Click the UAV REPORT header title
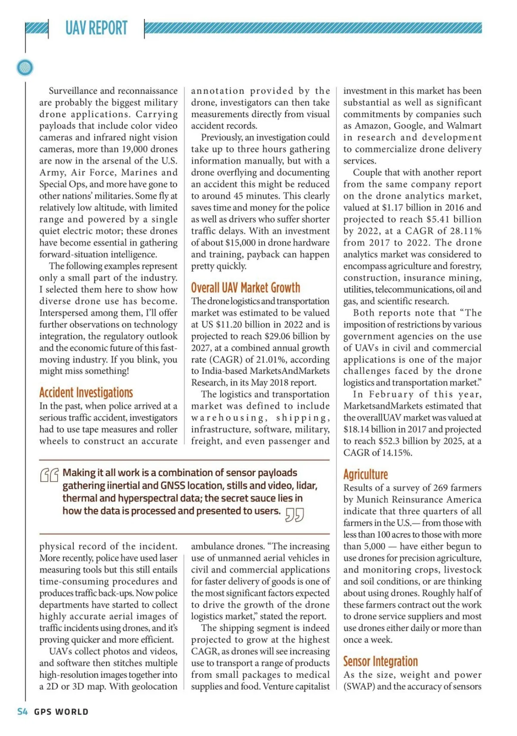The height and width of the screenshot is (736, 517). tap(97, 28)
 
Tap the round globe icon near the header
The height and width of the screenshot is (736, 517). tap(25, 68)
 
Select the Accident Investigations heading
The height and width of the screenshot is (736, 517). tap(86, 393)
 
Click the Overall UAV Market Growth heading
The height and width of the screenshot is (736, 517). tap(246, 288)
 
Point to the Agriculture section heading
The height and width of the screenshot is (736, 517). tap(365, 474)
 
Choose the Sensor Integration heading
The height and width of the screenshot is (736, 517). tap(380, 661)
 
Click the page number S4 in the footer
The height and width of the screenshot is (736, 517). tap(22, 711)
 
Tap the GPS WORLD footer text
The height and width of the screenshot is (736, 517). tap(61, 712)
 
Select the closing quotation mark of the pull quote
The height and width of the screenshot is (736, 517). tap(295, 515)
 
